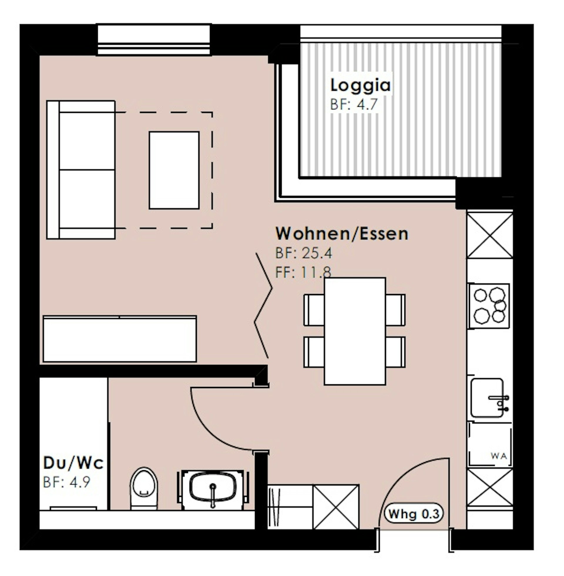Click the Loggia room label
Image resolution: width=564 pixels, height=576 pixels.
click(x=360, y=85)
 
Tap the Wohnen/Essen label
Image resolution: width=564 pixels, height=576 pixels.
click(x=342, y=233)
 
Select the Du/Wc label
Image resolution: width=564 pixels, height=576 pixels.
click(x=73, y=463)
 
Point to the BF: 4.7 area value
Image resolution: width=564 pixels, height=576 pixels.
click(x=354, y=105)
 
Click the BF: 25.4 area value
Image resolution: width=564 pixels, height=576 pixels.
click(x=304, y=253)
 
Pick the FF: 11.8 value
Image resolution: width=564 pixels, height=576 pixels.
click(x=303, y=272)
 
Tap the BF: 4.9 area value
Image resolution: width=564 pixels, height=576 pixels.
click(x=66, y=482)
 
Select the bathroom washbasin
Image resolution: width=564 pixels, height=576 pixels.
click(x=213, y=490)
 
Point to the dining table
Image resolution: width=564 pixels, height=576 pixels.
click(x=355, y=331)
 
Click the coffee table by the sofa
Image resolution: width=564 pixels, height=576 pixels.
click(x=174, y=171)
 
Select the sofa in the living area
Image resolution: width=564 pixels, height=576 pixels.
click(x=81, y=170)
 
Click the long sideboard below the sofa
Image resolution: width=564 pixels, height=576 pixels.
click(x=120, y=339)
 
